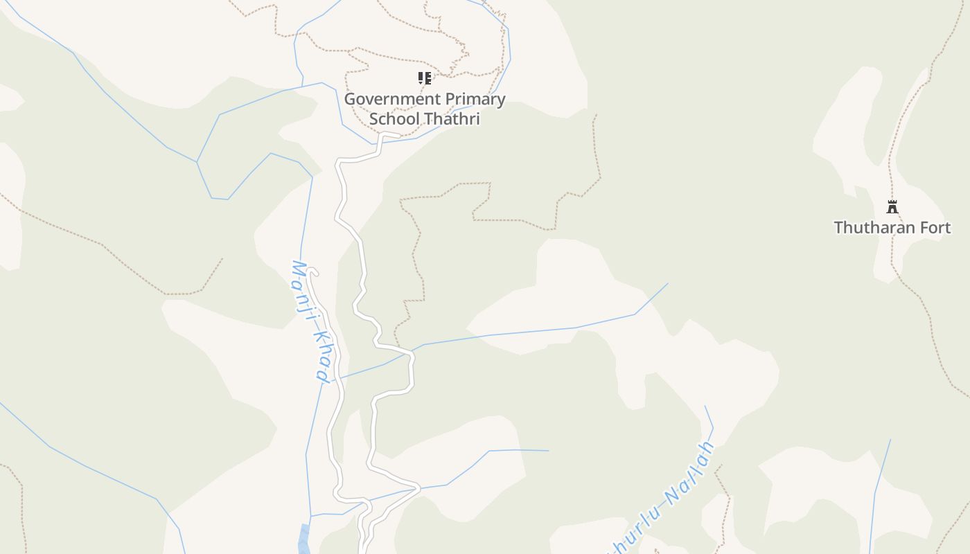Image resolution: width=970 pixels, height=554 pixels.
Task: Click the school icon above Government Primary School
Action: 425,78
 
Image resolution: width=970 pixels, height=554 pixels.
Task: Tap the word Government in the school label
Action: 391,99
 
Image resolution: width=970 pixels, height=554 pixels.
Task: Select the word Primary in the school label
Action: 475,99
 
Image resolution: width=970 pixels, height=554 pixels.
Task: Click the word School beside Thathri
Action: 394,119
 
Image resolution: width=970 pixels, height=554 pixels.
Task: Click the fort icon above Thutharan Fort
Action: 892,206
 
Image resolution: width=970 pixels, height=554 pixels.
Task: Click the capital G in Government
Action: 351,99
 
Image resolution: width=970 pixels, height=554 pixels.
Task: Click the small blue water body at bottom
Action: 304,539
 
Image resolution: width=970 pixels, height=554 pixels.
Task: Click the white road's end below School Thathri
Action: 398,134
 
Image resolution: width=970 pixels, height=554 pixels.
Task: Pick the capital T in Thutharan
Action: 839,228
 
